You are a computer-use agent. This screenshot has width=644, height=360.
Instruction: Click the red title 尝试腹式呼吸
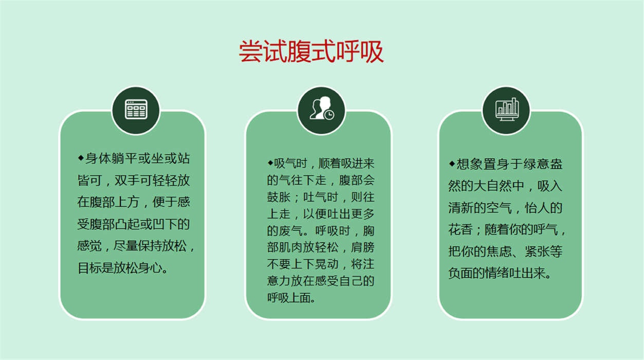[311, 51]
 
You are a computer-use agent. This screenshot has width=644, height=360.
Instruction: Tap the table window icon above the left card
[136, 109]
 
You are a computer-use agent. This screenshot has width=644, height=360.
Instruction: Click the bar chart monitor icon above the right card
[507, 109]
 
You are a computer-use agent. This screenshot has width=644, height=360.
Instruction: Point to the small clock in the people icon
[329, 115]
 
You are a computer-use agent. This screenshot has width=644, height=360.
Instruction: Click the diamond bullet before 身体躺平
[81, 158]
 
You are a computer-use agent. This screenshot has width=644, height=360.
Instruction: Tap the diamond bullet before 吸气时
[270, 163]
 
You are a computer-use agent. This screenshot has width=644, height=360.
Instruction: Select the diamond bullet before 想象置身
[452, 164]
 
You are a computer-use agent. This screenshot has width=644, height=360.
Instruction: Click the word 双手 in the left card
[127, 181]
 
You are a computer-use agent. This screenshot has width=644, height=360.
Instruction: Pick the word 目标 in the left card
[89, 268]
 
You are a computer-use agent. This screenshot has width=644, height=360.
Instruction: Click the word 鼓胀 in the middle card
[279, 197]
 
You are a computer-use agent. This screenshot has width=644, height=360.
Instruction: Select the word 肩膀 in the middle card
[362, 247]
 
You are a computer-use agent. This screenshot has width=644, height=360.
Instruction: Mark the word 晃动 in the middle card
[326, 264]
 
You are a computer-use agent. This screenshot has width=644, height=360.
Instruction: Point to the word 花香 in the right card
[461, 230]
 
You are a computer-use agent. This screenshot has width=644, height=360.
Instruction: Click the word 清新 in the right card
[461, 208]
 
